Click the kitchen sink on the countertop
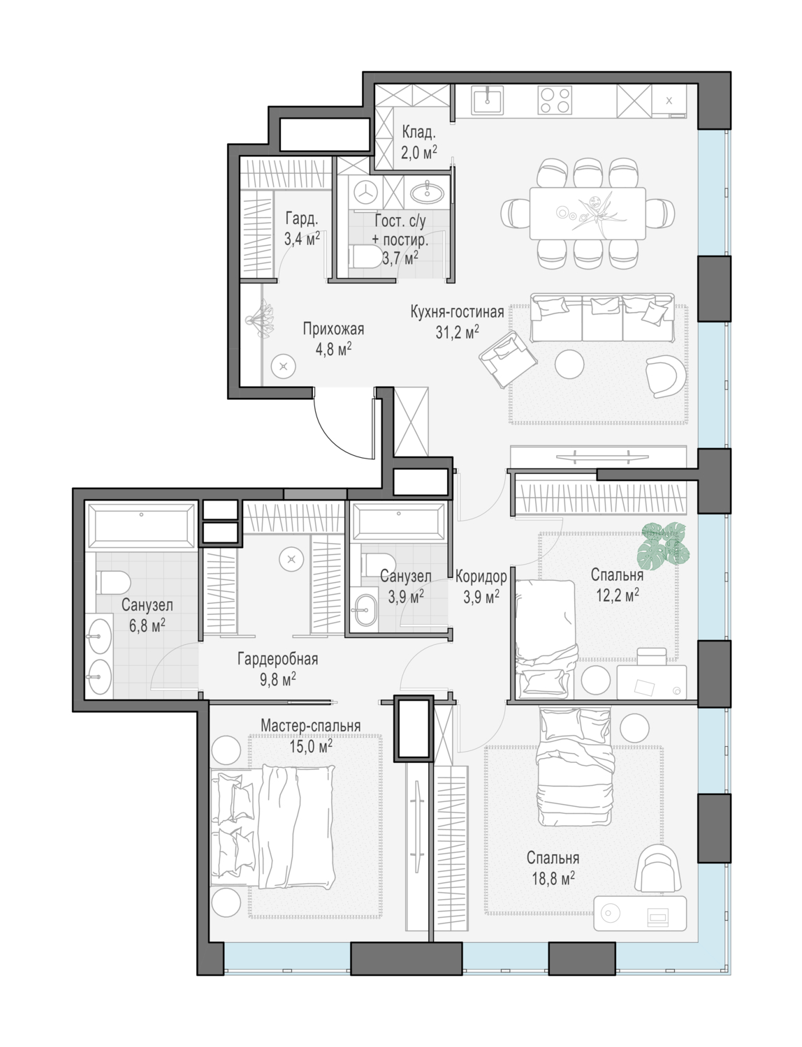click(488, 101)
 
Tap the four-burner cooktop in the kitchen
click(555, 101)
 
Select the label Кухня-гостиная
click(457, 312)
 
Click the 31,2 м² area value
click(457, 332)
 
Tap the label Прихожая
click(333, 329)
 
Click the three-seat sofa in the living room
click(602, 318)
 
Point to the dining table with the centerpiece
click(588, 213)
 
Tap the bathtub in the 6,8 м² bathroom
click(141, 526)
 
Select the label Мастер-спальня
click(310, 725)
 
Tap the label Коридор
click(481, 577)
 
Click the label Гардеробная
click(278, 659)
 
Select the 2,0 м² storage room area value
click(418, 152)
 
